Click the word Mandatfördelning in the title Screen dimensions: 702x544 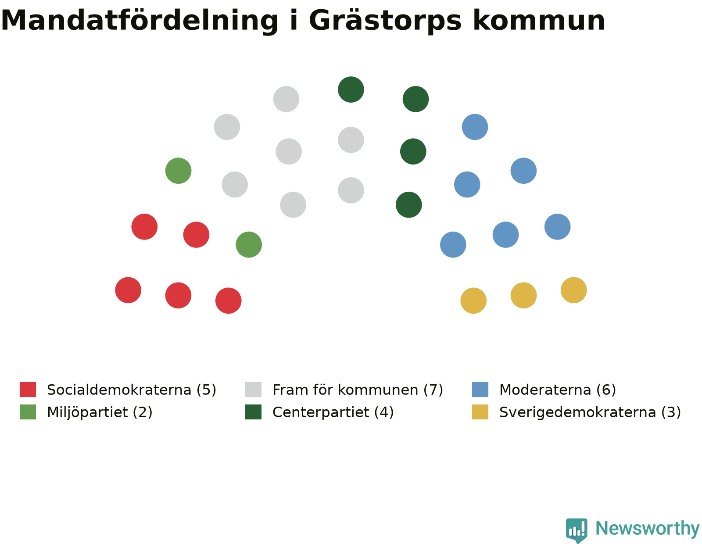(139, 21)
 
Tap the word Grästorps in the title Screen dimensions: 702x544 (384, 21)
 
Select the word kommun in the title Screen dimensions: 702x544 (538, 20)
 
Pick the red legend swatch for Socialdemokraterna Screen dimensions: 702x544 (28, 389)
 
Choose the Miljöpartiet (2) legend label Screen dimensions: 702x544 (100, 412)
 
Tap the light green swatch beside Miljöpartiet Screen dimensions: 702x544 (28, 412)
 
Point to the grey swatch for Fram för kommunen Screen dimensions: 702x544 (253, 389)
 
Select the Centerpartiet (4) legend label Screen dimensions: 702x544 (333, 412)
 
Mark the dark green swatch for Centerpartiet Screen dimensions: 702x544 (253, 412)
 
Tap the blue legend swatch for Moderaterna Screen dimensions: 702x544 (480, 389)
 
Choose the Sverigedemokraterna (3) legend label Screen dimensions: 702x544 (590, 412)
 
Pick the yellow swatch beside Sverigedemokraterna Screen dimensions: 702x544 (480, 412)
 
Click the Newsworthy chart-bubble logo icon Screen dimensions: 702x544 (577, 530)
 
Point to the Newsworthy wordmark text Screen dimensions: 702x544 (648, 529)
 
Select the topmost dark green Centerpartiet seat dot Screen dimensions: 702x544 (351, 89)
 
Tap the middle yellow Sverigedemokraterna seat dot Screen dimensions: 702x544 (523, 295)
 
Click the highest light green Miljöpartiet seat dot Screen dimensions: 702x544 (178, 171)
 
